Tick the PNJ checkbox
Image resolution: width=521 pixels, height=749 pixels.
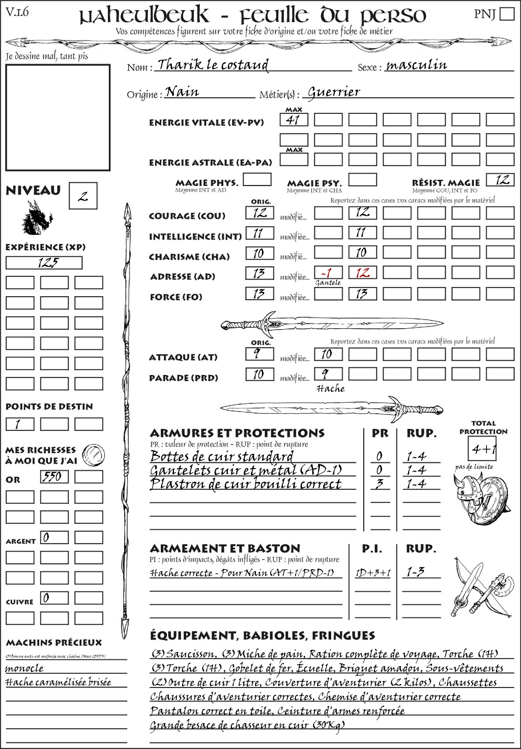507,14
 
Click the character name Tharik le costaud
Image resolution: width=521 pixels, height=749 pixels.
213,65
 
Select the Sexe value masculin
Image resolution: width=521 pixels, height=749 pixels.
417,65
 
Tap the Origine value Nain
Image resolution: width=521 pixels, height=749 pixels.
183,92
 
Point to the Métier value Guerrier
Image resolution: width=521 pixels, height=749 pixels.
334,92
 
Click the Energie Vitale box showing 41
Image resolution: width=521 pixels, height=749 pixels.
294,120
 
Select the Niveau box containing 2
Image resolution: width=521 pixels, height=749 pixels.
83,196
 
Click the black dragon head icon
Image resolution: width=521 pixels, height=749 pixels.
37,219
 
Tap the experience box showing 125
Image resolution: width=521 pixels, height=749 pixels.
44,263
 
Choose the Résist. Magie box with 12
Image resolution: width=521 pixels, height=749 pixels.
500,180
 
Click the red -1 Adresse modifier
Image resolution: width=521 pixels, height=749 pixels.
328,273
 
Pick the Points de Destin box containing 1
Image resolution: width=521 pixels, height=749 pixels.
20,424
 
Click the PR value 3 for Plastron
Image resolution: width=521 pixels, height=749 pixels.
379,484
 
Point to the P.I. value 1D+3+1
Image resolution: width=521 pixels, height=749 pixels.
373,573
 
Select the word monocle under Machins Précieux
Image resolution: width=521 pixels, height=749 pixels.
24,668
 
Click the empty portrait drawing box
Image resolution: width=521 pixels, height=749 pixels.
58,117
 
